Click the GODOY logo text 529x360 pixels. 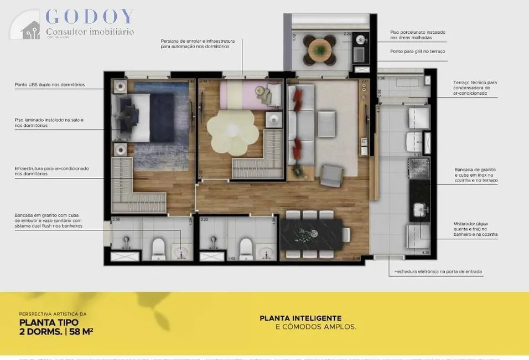coord(89,17)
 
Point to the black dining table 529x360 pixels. coord(314,234)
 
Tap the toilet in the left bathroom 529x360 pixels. coord(159,248)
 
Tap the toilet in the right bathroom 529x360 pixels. coord(246,248)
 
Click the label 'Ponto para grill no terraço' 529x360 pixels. coord(417,52)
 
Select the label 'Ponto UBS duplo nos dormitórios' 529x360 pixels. coord(50,85)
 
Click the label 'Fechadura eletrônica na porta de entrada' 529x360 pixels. coord(438,272)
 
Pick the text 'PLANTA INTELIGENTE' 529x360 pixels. coord(300,318)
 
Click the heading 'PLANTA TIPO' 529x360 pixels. coord(49,322)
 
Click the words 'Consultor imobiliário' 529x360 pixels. coord(89,32)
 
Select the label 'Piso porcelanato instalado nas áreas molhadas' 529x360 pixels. coord(417,34)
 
